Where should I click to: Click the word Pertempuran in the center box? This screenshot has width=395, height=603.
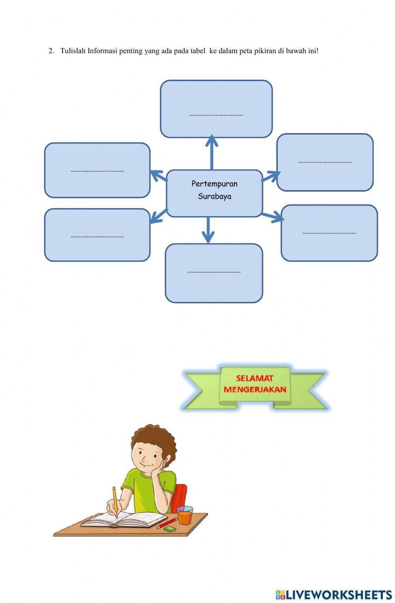pyautogui.click(x=214, y=183)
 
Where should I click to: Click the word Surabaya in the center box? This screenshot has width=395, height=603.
pyautogui.click(x=214, y=196)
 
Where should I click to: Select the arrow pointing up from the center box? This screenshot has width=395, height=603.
pyautogui.click(x=212, y=152)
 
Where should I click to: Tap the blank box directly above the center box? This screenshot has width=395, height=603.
pyautogui.click(x=216, y=109)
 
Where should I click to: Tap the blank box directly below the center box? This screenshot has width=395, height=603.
pyautogui.click(x=214, y=273)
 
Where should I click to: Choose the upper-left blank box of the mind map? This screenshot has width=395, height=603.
pyautogui.click(x=97, y=170)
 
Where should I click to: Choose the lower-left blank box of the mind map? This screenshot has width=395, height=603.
pyautogui.click(x=97, y=235)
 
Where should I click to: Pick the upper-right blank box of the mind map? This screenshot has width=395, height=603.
pyautogui.click(x=325, y=162)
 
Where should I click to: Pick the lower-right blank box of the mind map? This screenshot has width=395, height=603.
pyautogui.click(x=329, y=233)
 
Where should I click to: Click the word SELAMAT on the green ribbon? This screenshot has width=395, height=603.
pyautogui.click(x=255, y=378)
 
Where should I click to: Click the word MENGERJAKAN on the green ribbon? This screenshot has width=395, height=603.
pyautogui.click(x=255, y=389)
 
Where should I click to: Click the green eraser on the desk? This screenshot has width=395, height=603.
pyautogui.click(x=169, y=529)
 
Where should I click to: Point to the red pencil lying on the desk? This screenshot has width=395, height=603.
pyautogui.click(x=167, y=523)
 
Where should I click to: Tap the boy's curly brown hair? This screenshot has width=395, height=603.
pyautogui.click(x=155, y=437)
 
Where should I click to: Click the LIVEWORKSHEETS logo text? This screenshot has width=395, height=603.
pyautogui.click(x=338, y=595)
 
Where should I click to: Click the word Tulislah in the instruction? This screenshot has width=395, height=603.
pyautogui.click(x=73, y=51)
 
